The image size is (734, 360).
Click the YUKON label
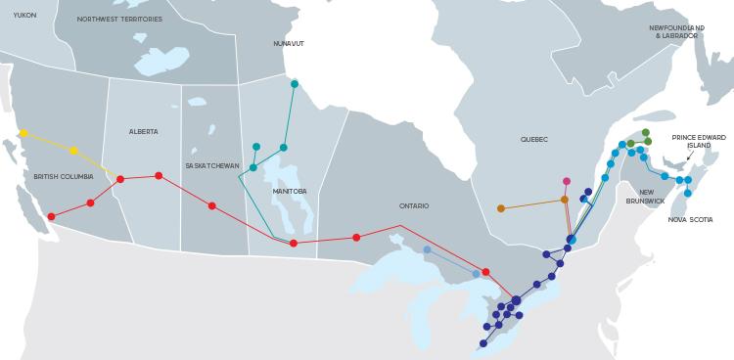(x=24, y=16)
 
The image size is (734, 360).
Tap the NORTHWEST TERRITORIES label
(x=119, y=20)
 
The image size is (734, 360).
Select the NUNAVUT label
(x=289, y=44)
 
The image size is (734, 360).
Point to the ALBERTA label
(x=143, y=132)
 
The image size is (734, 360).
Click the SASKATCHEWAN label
(x=212, y=166)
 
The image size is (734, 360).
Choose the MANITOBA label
(x=289, y=192)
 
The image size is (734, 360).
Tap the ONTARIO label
(x=414, y=206)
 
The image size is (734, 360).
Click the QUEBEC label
(x=533, y=140)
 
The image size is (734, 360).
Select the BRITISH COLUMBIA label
(x=63, y=177)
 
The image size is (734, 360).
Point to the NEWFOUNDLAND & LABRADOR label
(x=677, y=32)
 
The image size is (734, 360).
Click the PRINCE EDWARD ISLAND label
(x=699, y=141)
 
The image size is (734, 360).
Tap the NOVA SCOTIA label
(x=690, y=220)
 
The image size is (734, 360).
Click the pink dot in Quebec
(x=566, y=181)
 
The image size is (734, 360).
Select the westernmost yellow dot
(x=23, y=133)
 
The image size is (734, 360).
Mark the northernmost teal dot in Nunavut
(x=294, y=84)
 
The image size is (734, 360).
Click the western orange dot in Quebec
(x=501, y=208)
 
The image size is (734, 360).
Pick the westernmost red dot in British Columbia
(x=51, y=216)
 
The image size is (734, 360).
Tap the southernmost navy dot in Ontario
(x=482, y=343)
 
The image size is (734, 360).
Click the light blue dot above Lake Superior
(x=427, y=249)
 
